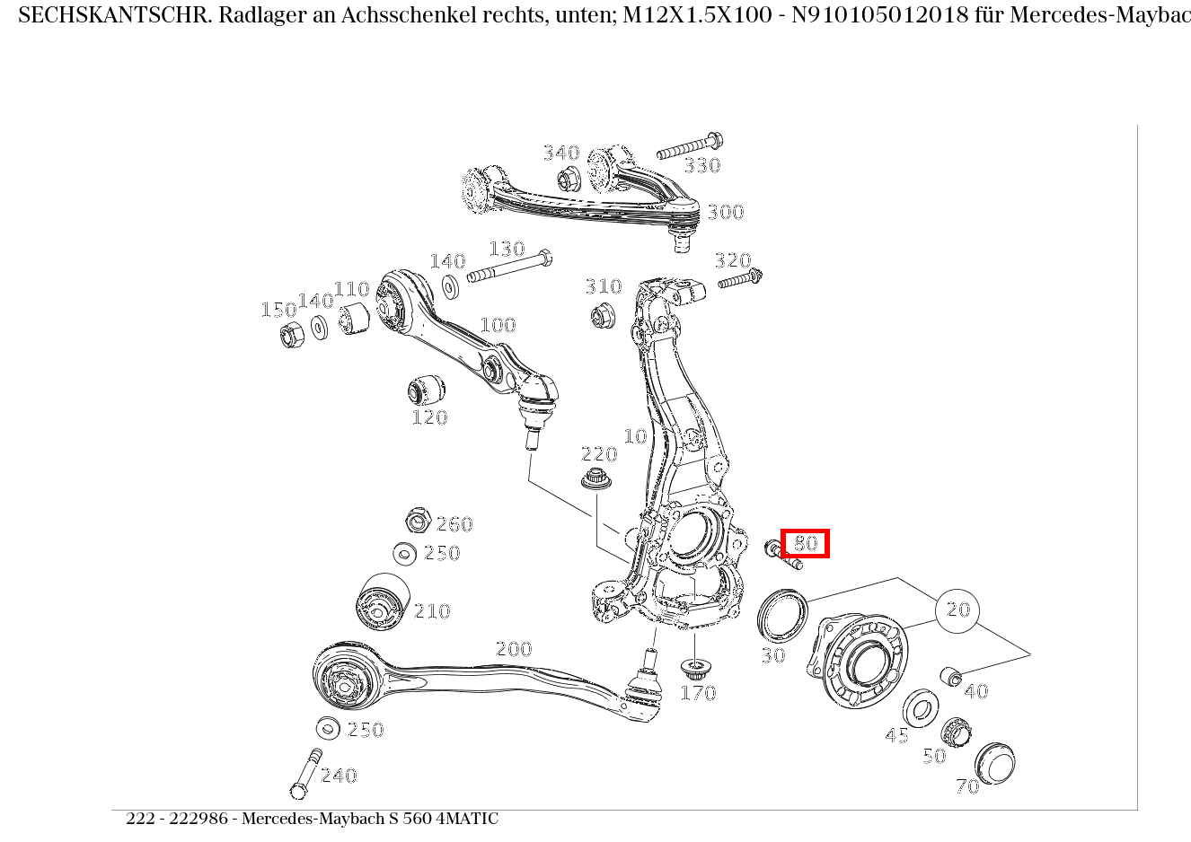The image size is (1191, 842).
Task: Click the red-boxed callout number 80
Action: [x=805, y=543]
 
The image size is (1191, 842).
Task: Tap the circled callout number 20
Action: [x=958, y=610]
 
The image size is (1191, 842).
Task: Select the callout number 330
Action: [x=702, y=166]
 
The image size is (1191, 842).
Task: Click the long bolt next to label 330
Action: [x=690, y=146]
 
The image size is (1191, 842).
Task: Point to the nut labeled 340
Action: [x=569, y=179]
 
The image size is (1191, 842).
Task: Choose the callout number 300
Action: [x=725, y=213]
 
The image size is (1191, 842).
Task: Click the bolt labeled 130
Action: [x=509, y=268]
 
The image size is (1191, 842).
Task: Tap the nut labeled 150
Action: [x=292, y=337]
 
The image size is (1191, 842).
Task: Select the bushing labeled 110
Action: [x=354, y=317]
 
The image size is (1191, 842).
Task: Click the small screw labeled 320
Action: [x=740, y=280]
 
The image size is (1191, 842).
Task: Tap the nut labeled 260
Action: [x=415, y=520]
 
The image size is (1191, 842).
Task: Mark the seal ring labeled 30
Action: [x=782, y=615]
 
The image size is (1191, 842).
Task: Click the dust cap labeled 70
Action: [x=995, y=764]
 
